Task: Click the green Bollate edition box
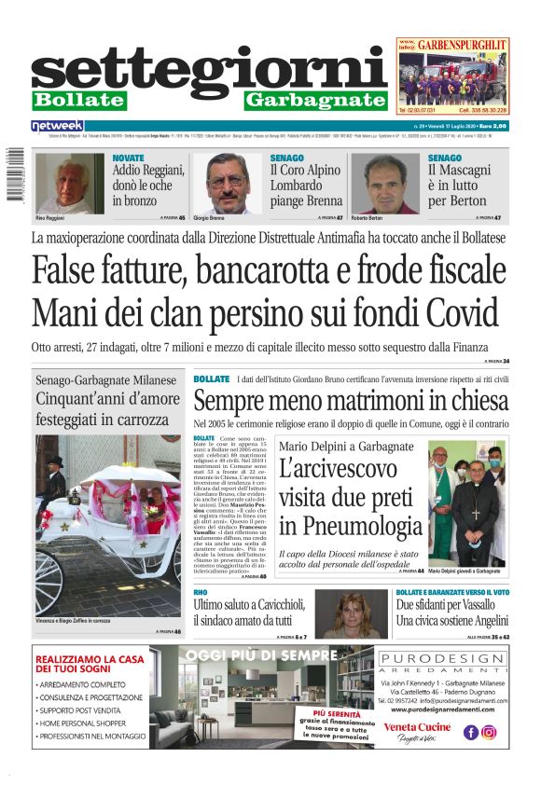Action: pos(78,100)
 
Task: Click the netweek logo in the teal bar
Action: pos(57,125)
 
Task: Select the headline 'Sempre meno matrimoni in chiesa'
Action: pos(350,402)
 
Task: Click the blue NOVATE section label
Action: pos(128,158)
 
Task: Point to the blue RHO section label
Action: pos(200,593)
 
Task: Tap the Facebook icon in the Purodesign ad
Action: pos(471,732)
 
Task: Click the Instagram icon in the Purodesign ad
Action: pos(489,732)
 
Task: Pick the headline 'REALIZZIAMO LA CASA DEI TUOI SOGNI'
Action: pos(90,664)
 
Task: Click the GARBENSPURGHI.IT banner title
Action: pos(462,44)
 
